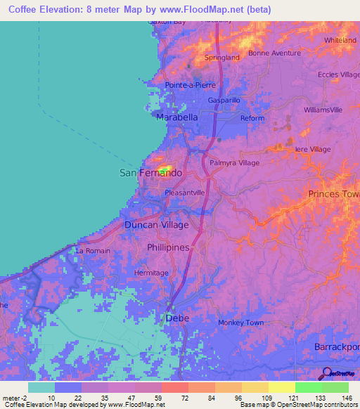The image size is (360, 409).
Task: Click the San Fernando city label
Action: [x=150, y=172]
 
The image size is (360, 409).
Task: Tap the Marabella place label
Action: [x=176, y=117]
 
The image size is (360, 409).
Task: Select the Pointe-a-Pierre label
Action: [x=190, y=85]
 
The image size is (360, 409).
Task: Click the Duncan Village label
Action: [x=156, y=225]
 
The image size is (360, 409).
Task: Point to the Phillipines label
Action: [x=168, y=248]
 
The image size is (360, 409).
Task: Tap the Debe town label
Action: [x=177, y=318]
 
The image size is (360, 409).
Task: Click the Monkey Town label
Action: [x=240, y=323]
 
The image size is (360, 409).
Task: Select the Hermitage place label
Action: [x=152, y=273]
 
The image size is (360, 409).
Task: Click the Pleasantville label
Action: [x=184, y=191]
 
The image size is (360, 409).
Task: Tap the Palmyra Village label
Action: [x=235, y=162]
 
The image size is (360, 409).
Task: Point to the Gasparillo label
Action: [x=224, y=100]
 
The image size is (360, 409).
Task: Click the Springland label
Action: [x=221, y=58]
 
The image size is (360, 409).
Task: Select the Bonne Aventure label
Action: [x=274, y=53]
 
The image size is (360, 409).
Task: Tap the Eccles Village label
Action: [x=337, y=74]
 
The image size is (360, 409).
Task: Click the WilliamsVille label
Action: [x=323, y=110]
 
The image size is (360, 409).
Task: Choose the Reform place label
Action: [x=252, y=118]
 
